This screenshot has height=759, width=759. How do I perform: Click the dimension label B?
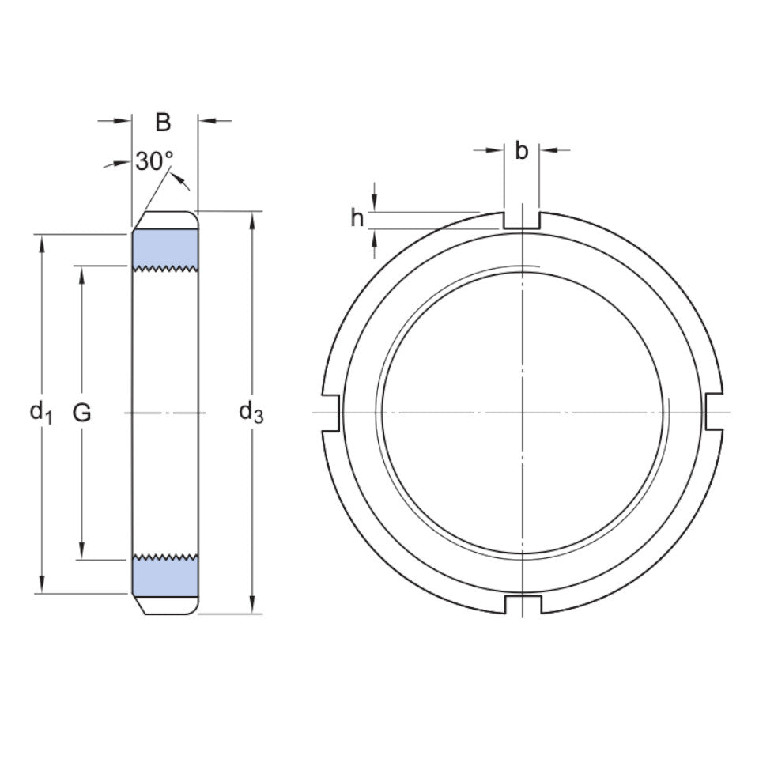click(163, 123)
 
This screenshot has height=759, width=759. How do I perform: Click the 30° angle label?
click(153, 161)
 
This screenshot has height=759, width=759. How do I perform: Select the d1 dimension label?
click(40, 411)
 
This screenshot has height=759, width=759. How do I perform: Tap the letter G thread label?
click(81, 412)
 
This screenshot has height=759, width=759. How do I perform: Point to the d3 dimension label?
click(251, 411)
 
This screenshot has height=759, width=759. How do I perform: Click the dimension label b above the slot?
click(522, 150)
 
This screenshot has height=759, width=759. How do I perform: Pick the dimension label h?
click(357, 218)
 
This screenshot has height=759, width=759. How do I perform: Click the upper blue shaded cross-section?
click(164, 249)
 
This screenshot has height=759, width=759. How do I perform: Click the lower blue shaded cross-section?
click(164, 576)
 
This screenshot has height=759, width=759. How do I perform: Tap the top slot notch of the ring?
click(522, 220)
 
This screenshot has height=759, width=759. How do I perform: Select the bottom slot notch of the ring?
click(522, 604)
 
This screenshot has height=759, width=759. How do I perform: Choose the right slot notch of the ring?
click(714, 413)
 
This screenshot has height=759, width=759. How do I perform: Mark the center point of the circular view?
click(523, 413)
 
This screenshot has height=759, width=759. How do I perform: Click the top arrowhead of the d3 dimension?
click(252, 219)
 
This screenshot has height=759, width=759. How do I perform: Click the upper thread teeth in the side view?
click(164, 270)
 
